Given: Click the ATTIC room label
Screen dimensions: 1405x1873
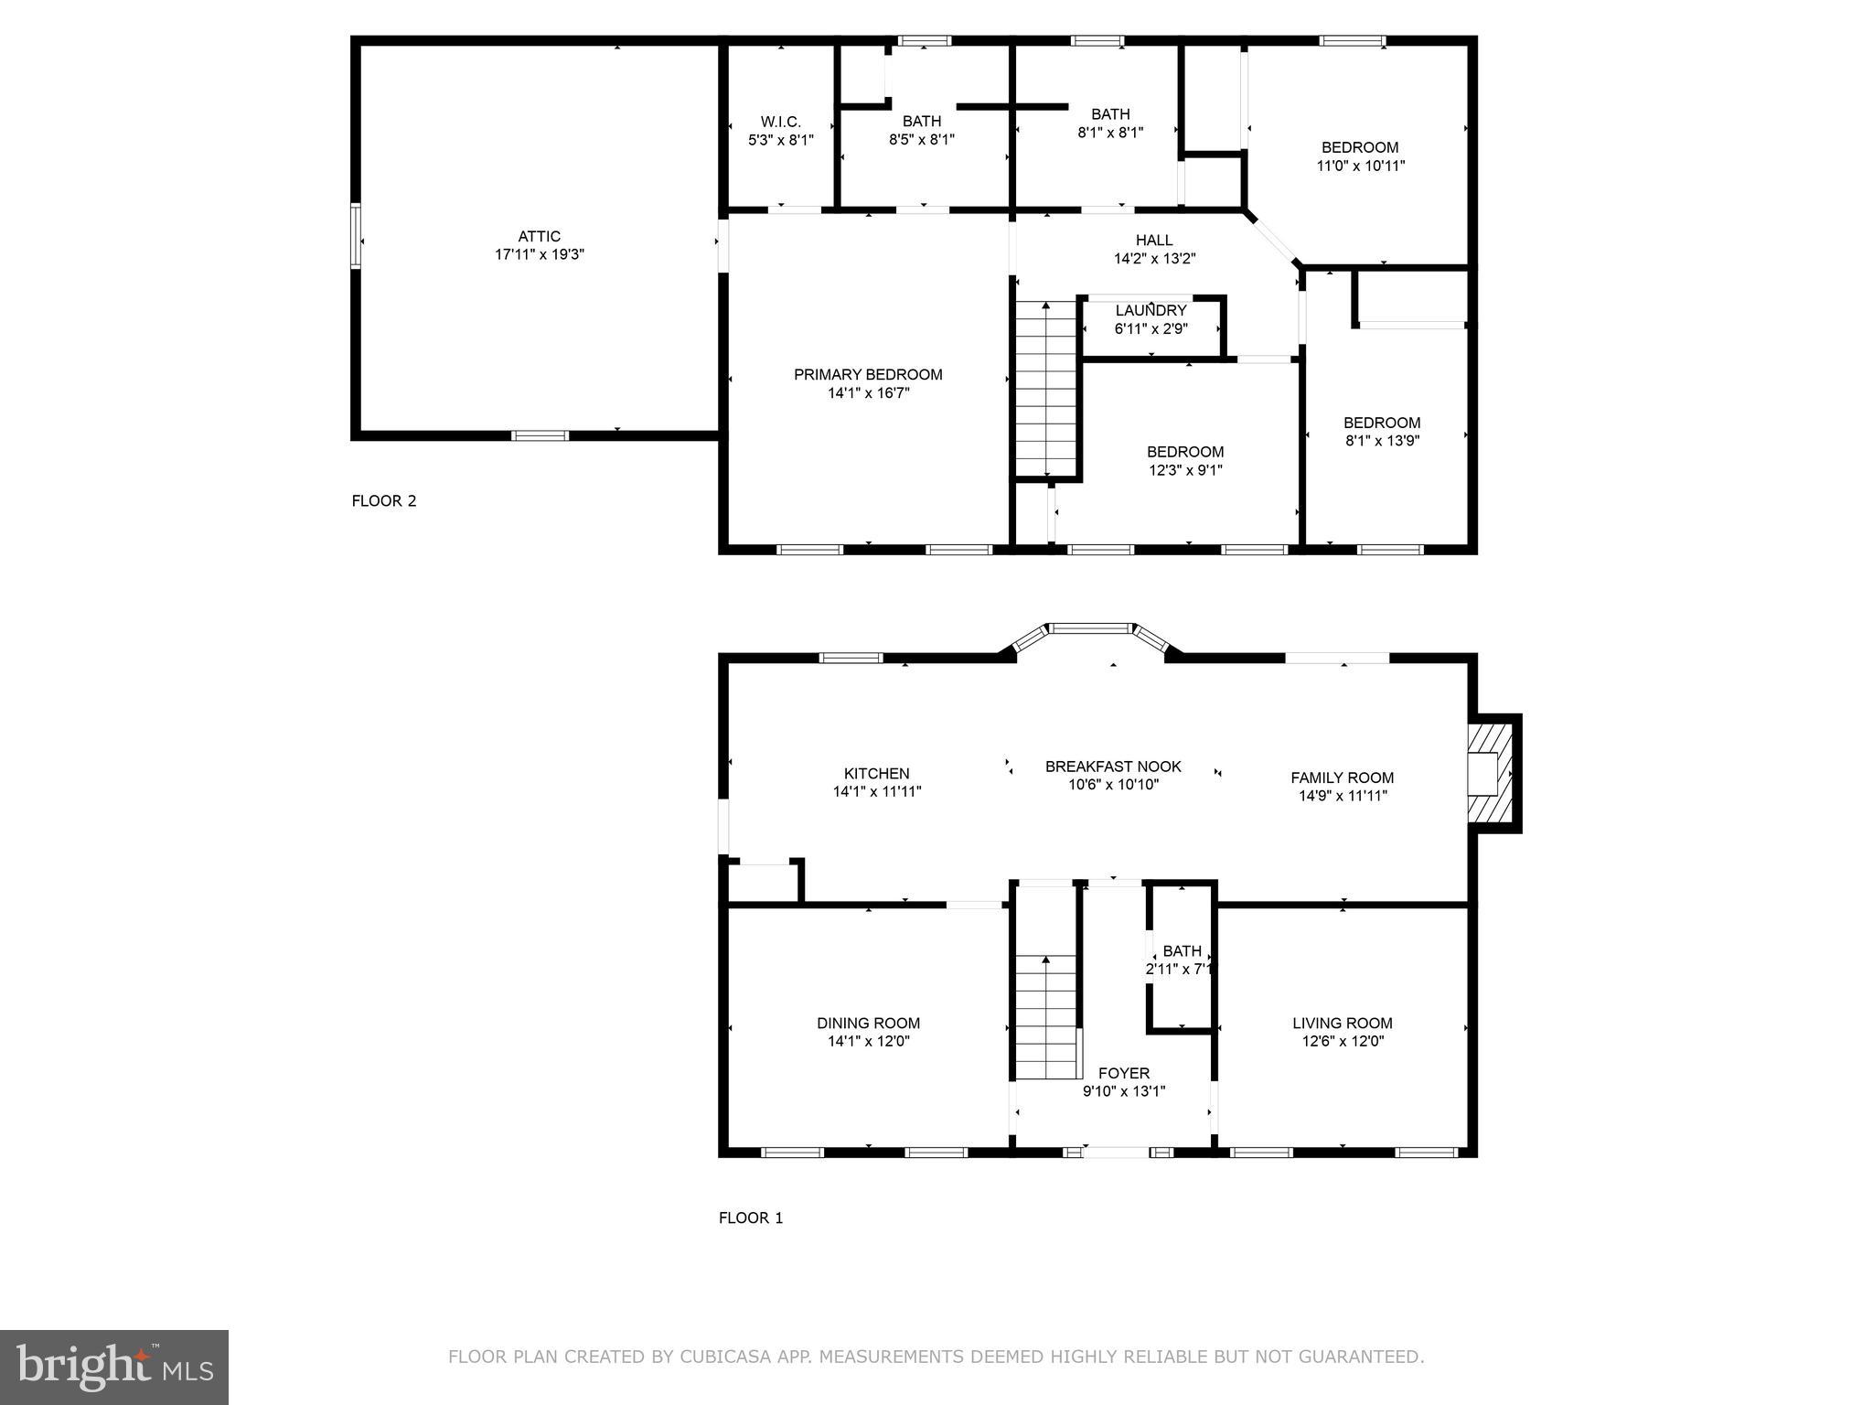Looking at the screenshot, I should (x=539, y=236).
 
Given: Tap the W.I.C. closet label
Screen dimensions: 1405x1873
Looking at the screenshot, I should (x=780, y=122).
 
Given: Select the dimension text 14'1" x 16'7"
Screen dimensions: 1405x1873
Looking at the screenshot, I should (x=868, y=393).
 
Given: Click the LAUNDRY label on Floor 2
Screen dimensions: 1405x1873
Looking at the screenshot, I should (x=1151, y=311).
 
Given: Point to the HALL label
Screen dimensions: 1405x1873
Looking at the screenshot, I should (x=1154, y=241).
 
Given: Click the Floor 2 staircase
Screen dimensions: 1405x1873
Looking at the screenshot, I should (x=1047, y=389).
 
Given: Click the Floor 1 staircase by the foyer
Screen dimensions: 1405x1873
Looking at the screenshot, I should (x=1047, y=1015).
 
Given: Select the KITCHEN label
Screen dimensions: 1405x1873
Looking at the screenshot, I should (x=876, y=774).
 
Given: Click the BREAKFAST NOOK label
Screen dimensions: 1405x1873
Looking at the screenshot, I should (x=1113, y=767).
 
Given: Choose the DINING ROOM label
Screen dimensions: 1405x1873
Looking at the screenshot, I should (x=868, y=1024).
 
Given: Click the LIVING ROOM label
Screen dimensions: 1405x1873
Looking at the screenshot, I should (x=1342, y=1024).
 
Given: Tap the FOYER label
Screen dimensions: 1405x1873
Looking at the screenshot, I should (x=1123, y=1073).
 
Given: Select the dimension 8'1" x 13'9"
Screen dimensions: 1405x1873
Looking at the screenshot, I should (x=1381, y=441).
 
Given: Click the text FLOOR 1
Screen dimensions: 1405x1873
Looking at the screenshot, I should (x=750, y=1217).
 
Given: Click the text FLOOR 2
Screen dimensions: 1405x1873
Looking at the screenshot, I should (x=384, y=501).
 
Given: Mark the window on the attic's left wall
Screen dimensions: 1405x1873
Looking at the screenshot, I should (x=356, y=236).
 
